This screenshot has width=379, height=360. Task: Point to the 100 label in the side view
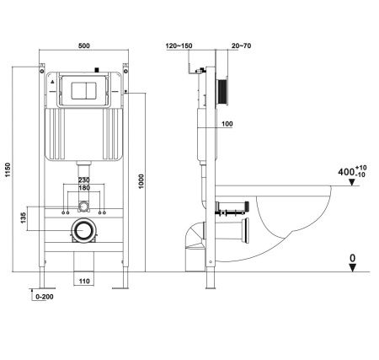tap(228, 125)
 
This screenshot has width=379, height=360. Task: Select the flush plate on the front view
tap(83, 87)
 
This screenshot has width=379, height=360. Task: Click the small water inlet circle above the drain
tap(83, 207)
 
